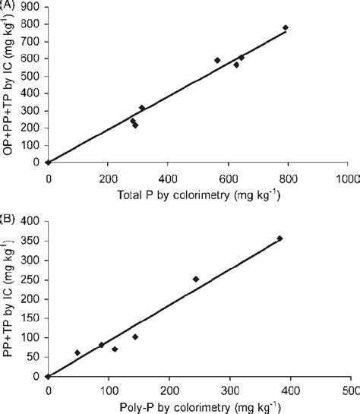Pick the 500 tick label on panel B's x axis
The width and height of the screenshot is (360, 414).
click(x=349, y=390)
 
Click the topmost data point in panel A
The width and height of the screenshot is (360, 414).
click(x=286, y=27)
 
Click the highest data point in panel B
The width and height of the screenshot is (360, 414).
click(x=279, y=239)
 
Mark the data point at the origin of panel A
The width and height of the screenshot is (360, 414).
click(x=47, y=162)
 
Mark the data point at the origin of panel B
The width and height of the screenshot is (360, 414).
click(x=47, y=376)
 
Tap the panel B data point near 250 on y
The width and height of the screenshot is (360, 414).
click(x=196, y=279)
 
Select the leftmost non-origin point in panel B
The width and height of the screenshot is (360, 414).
click(x=77, y=352)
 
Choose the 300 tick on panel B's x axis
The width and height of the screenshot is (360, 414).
click(x=228, y=390)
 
